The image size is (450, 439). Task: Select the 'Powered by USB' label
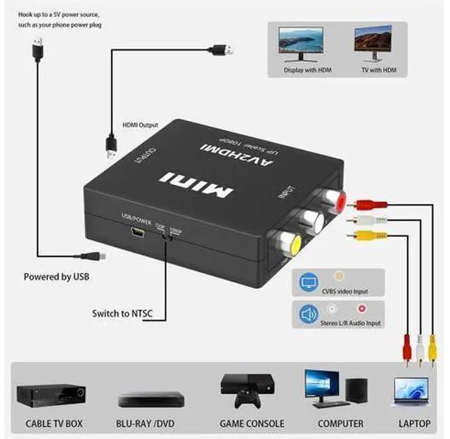pos(56,276)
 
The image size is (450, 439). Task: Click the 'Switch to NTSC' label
pos(124,313)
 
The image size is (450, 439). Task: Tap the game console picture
pos(244,391)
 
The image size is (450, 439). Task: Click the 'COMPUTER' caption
pos(340,424)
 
